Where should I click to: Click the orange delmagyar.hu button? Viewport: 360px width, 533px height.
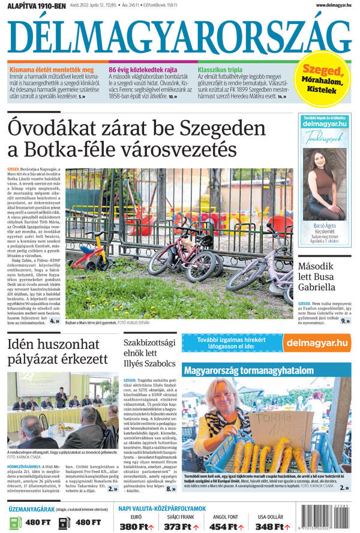click(317, 343)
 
